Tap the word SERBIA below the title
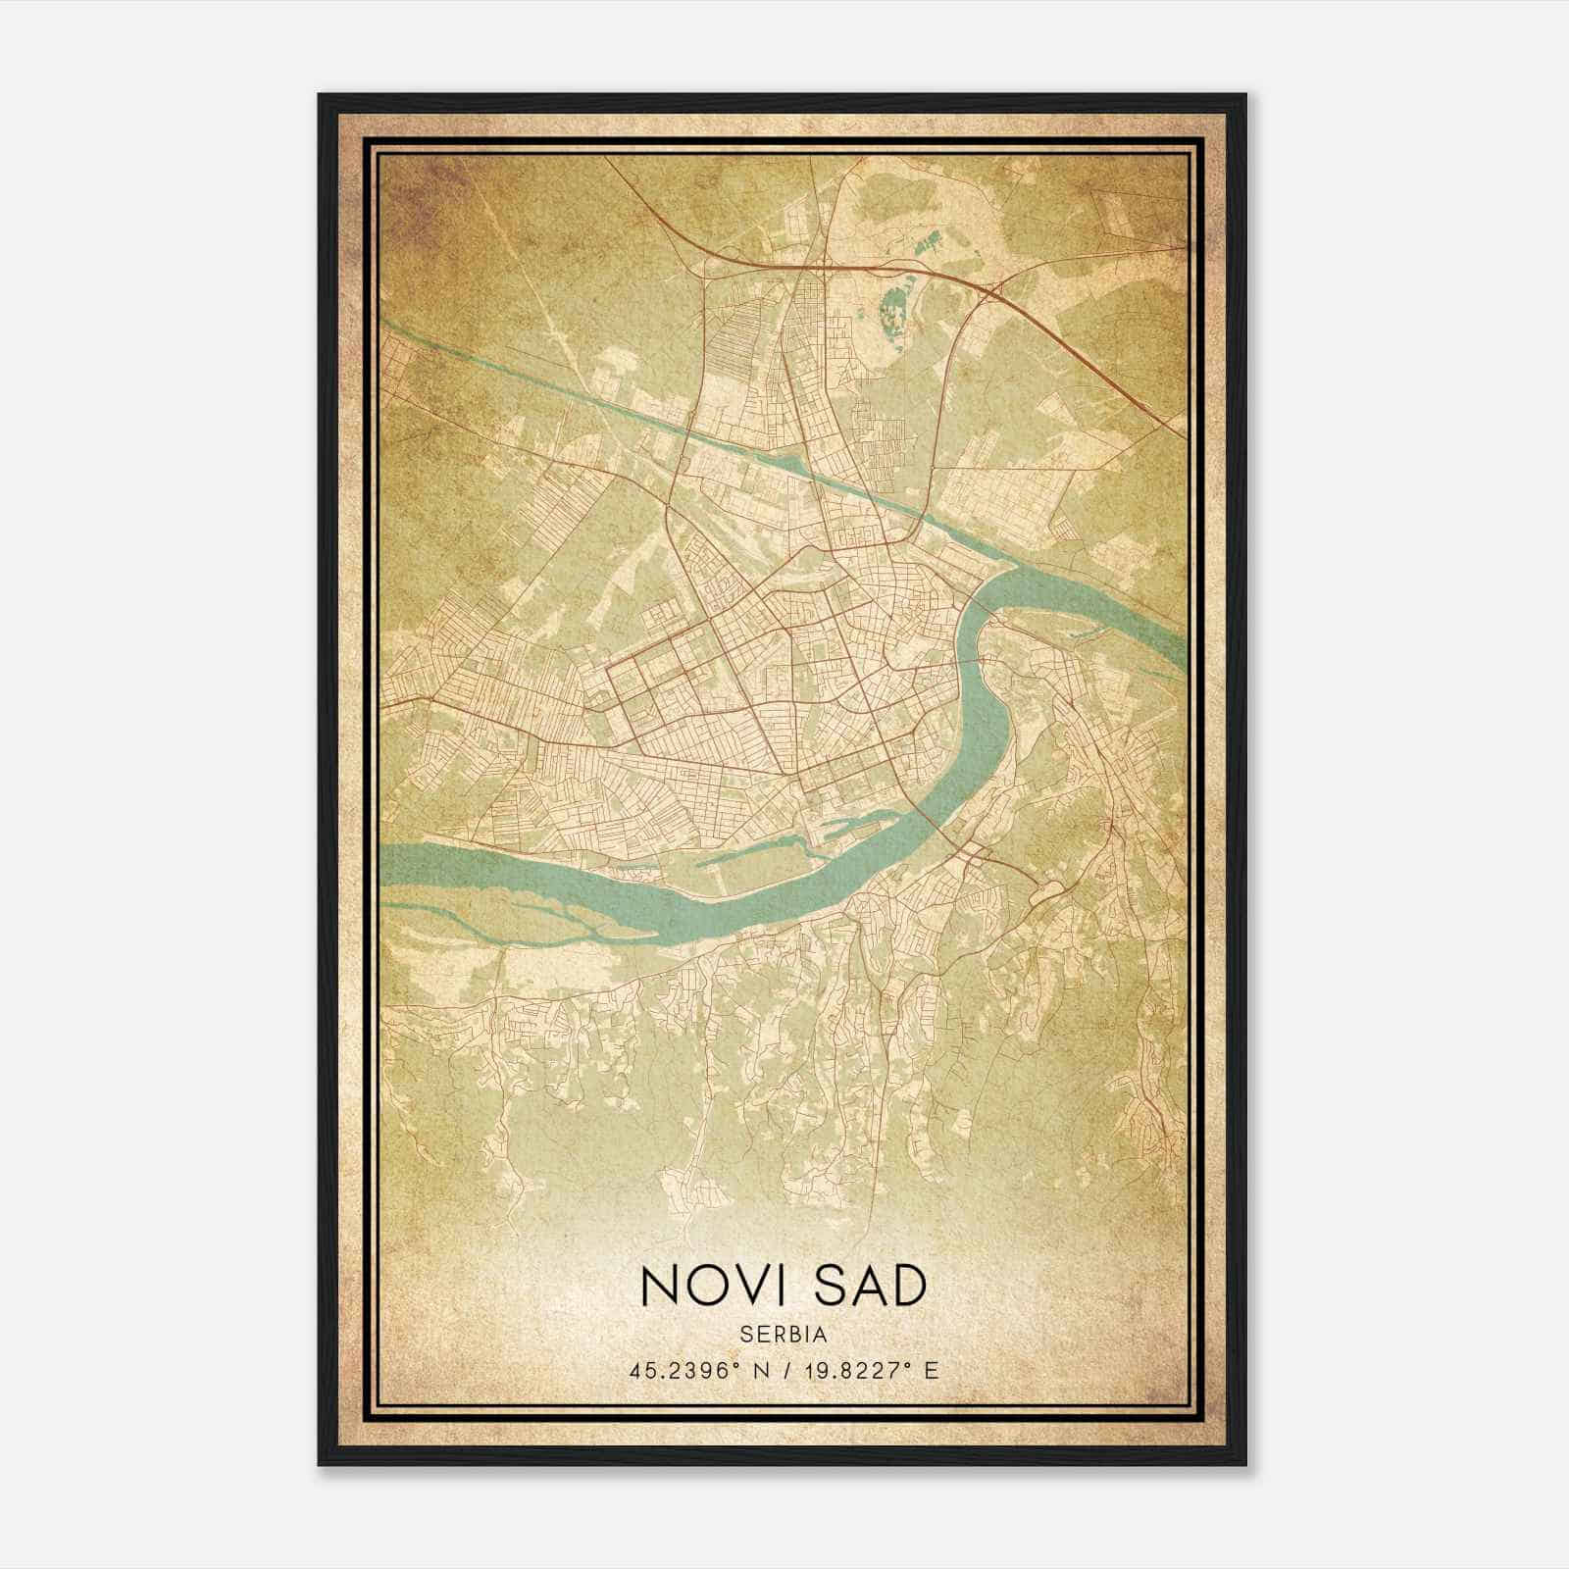coord(784,1335)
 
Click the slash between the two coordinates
coord(785,1370)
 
